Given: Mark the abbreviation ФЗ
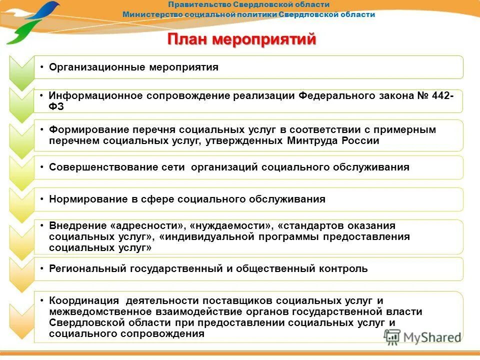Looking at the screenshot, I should click(56, 106).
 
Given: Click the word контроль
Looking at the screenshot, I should click(343, 268).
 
